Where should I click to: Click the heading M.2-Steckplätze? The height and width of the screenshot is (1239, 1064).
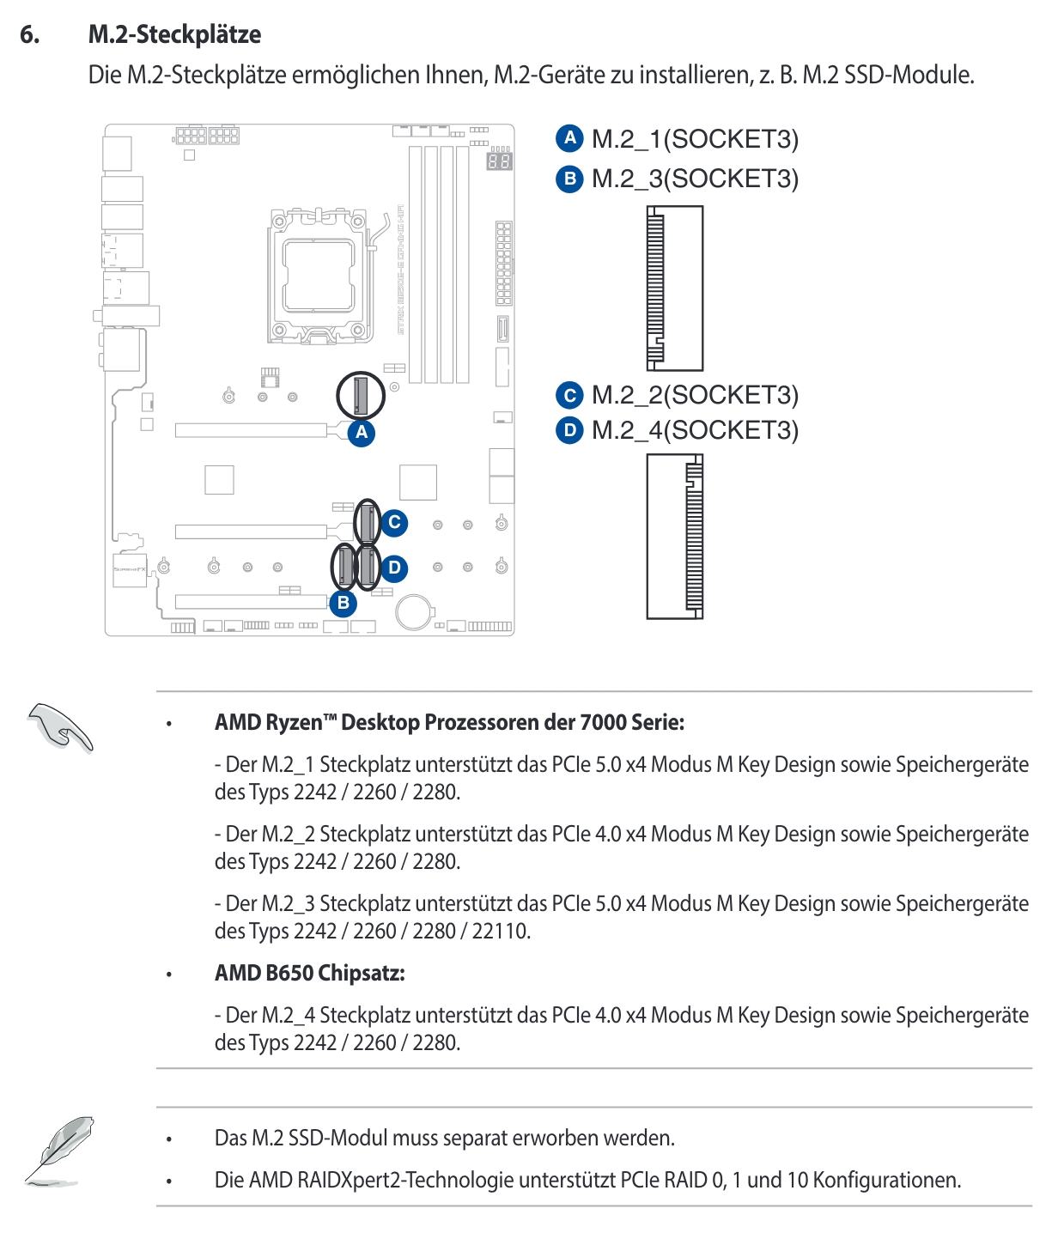[174, 35]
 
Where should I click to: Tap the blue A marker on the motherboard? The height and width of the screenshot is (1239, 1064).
[362, 432]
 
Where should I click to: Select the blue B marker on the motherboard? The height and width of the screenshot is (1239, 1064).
[344, 603]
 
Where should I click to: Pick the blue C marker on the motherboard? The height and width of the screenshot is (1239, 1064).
[394, 522]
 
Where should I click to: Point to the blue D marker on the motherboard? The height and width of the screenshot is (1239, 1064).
[394, 568]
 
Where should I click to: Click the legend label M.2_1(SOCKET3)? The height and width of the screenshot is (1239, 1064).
[695, 139]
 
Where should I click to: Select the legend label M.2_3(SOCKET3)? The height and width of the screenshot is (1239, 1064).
[695, 179]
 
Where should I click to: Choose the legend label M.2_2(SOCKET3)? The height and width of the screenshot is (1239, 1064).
[695, 394]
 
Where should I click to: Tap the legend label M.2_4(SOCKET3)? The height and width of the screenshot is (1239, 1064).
[695, 429]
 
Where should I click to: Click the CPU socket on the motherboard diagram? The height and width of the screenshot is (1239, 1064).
[316, 274]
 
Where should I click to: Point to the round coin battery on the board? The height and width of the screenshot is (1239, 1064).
[415, 611]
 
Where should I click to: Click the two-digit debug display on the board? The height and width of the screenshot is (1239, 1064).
[499, 161]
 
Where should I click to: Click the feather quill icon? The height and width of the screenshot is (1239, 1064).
[58, 1148]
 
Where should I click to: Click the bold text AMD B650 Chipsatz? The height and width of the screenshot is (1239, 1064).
[309, 973]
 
